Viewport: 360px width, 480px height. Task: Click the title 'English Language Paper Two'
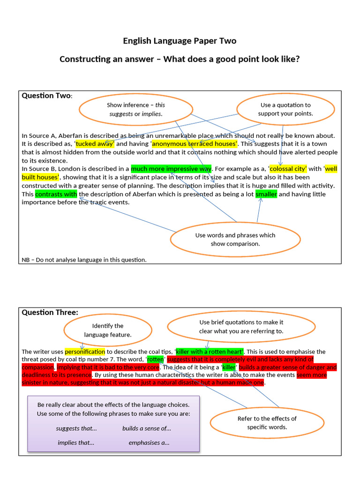pyautogui.click(x=180, y=41)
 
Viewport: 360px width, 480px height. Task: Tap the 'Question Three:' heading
pyautogui.click(x=50, y=313)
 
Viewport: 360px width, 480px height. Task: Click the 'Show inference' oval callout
pyautogui.click(x=135, y=109)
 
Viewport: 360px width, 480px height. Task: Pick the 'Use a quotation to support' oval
pyautogui.click(x=285, y=109)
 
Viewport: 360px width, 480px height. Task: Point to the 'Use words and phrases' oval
pyautogui.click(x=235, y=240)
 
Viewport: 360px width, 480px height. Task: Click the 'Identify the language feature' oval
pyautogui.click(x=107, y=330)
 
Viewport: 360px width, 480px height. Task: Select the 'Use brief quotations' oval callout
pyautogui.click(x=241, y=327)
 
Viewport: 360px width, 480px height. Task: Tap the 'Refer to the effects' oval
pyautogui.click(x=267, y=423)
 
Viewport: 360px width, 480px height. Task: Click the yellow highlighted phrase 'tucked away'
pyautogui.click(x=94, y=144)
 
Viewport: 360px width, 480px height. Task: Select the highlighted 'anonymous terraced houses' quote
pyautogui.click(x=194, y=144)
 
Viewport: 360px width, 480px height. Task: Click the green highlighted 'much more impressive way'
pyautogui.click(x=171, y=169)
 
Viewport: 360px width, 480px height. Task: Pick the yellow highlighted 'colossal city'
pyautogui.click(x=288, y=169)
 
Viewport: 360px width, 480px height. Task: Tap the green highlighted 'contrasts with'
pyautogui.click(x=56, y=194)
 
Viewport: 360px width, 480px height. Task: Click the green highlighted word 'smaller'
pyautogui.click(x=266, y=194)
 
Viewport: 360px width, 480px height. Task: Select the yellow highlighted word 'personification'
pyautogui.click(x=85, y=352)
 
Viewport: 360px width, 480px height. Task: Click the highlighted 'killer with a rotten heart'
pyautogui.click(x=209, y=352)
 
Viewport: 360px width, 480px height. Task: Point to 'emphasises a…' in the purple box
pyautogui.click(x=149, y=442)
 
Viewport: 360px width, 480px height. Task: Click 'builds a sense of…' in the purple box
pyautogui.click(x=146, y=428)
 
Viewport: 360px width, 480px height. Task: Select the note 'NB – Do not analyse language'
pyautogui.click(x=84, y=260)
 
